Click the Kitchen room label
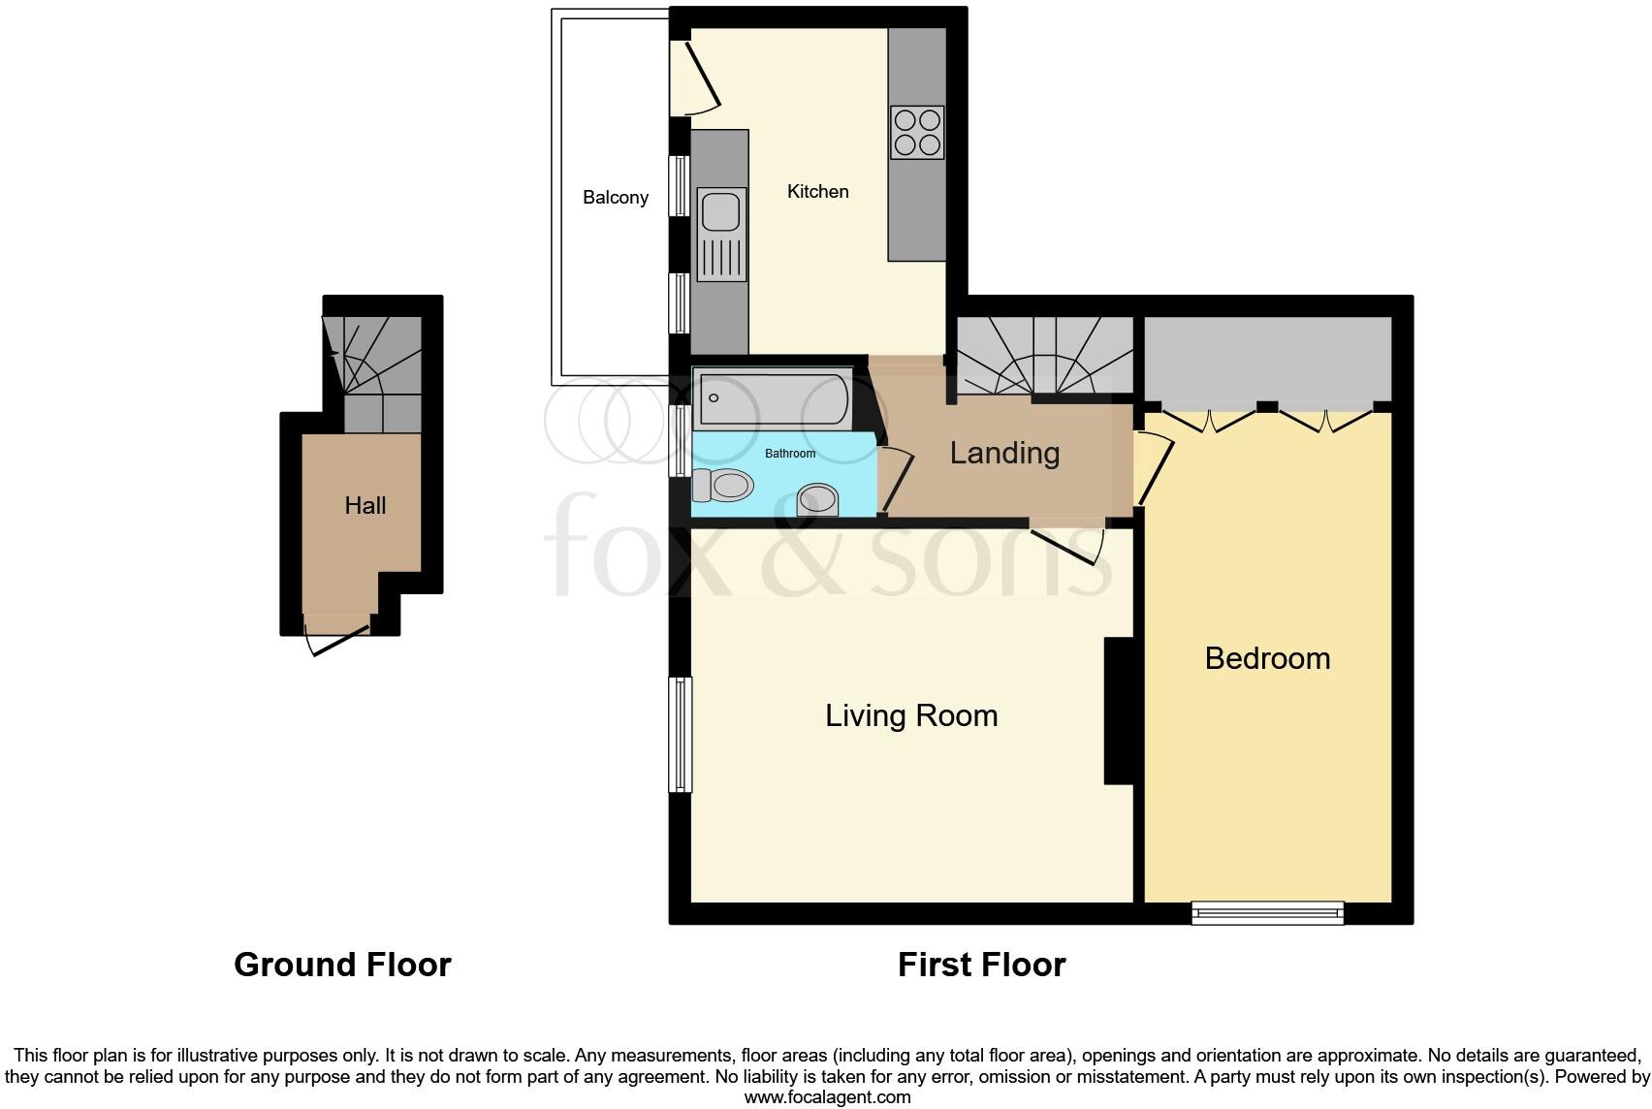[817, 192]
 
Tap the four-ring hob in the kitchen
[917, 132]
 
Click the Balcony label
[616, 198]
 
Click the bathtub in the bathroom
[773, 399]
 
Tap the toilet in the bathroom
[724, 485]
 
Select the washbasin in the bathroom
[816, 500]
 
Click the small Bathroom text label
[790, 454]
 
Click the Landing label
[1004, 453]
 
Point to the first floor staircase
[1045, 357]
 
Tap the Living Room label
[911, 716]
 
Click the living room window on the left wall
[683, 734]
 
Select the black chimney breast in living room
[1119, 710]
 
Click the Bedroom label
[1267, 659]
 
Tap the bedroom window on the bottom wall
[1267, 911]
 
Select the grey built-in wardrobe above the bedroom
[1267, 359]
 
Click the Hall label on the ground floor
[365, 506]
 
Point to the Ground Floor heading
[342, 965]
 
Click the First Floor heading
[981, 965]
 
